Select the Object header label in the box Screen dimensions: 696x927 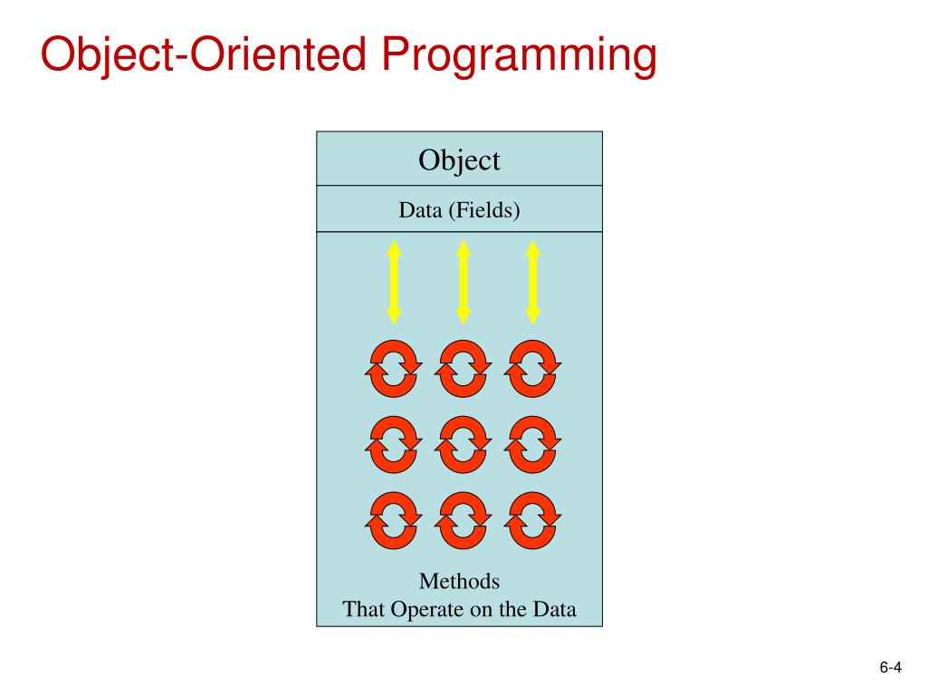459,160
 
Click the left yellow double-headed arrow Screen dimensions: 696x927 394,281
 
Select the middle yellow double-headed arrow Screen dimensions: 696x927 463,281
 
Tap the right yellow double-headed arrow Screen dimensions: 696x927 533,281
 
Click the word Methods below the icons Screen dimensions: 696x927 459,581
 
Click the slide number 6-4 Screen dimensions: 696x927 890,669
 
